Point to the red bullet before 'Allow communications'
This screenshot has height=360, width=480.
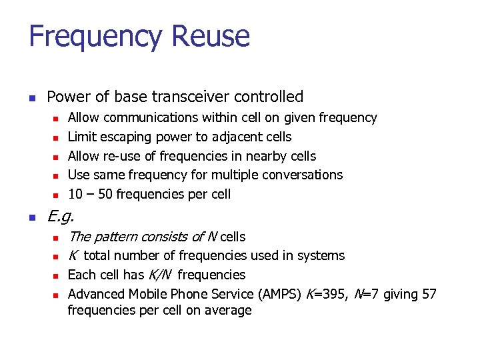coord(57,119)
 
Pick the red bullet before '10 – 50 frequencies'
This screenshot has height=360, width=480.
coord(57,195)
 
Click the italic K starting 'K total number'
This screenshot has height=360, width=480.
coord(73,255)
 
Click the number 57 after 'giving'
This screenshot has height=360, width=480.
coord(429,294)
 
